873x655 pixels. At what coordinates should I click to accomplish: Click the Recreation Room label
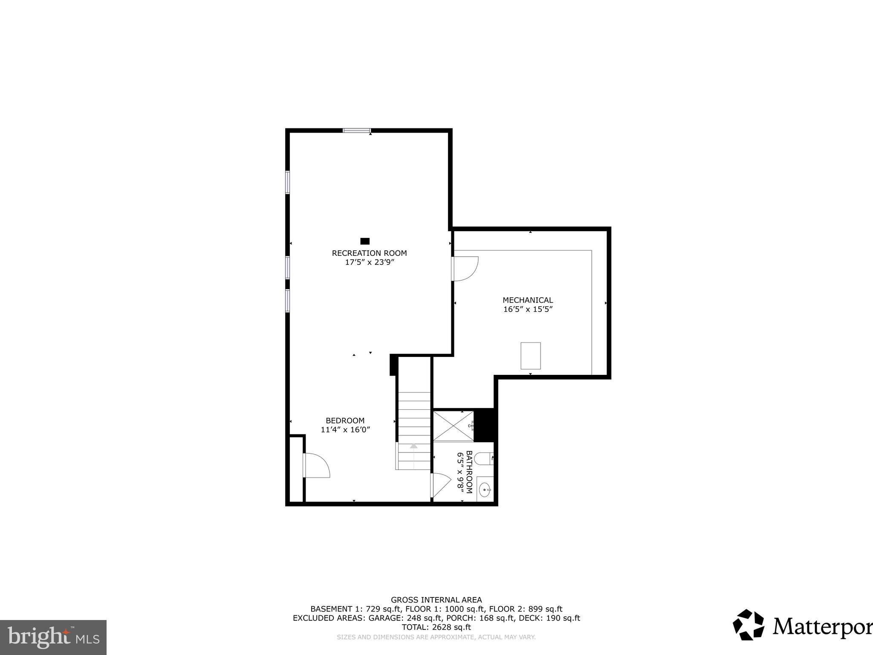[x=369, y=253]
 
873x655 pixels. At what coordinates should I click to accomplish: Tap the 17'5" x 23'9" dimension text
[x=369, y=263]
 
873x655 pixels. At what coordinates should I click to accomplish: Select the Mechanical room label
[x=528, y=300]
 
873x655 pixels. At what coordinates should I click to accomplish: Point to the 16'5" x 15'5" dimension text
[x=528, y=310]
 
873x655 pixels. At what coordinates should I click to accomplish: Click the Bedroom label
[x=345, y=420]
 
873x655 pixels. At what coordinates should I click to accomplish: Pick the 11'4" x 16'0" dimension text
[x=345, y=430]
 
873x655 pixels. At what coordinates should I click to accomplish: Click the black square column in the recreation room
[x=365, y=241]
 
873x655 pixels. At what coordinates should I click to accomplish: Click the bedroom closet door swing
[x=316, y=465]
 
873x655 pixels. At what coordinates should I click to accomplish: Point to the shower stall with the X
[x=453, y=426]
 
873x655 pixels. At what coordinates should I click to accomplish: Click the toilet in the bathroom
[x=484, y=459]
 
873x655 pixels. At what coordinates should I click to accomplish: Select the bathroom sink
[x=485, y=490]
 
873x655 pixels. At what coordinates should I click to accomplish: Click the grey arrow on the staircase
[x=413, y=446]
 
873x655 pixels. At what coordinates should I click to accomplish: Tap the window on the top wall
[x=357, y=130]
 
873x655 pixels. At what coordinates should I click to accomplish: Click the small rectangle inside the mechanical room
[x=531, y=356]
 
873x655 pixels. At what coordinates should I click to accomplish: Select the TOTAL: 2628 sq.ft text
[x=436, y=627]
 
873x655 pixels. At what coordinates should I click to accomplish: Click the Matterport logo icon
[x=749, y=625]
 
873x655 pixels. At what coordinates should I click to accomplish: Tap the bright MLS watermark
[x=53, y=637]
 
